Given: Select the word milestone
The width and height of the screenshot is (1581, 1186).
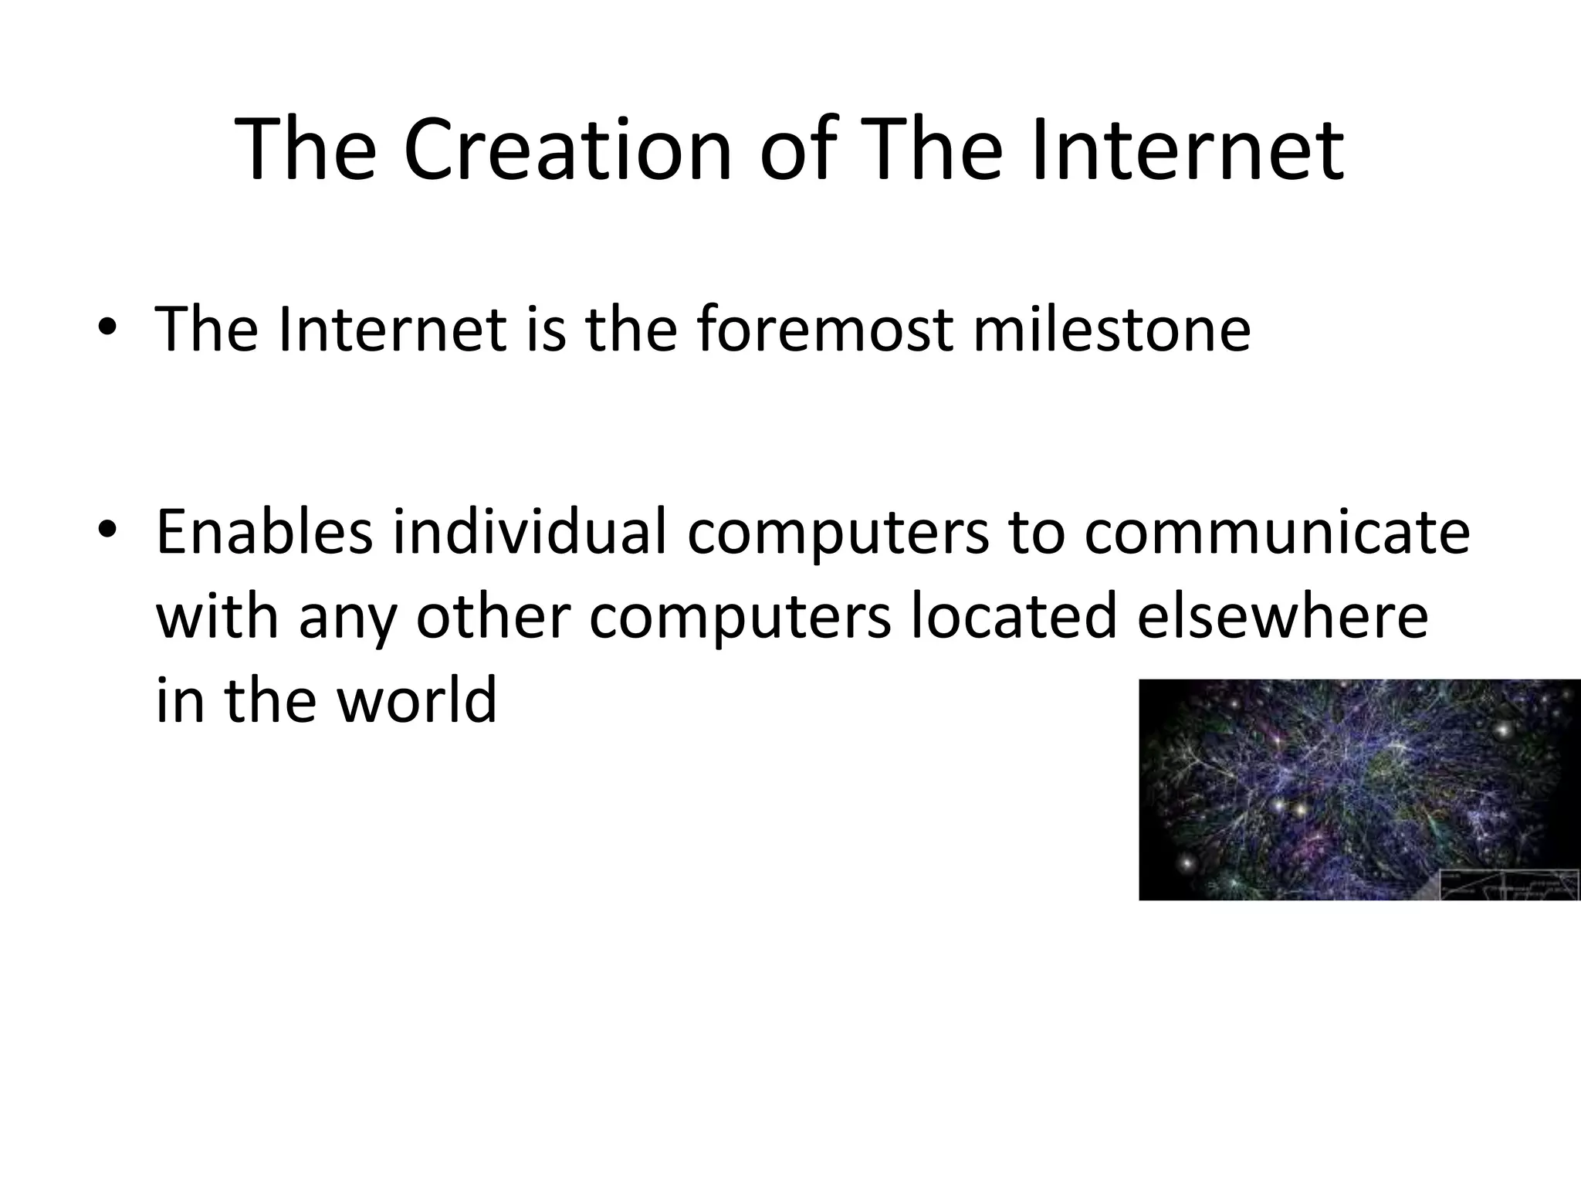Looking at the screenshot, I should click(x=1111, y=329).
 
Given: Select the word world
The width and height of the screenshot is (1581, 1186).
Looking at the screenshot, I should click(x=417, y=700).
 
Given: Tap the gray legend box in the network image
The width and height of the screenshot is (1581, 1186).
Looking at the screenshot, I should click(x=1509, y=883).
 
